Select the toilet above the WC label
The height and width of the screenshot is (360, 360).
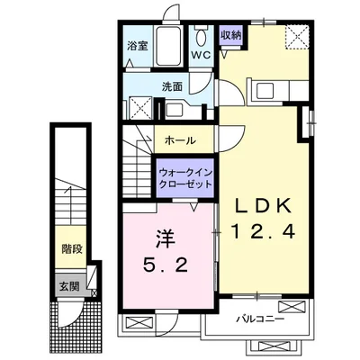point(201,39)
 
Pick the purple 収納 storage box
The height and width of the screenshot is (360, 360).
point(230,35)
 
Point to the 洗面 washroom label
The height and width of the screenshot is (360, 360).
point(172,87)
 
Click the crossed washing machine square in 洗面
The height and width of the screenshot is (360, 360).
point(140,109)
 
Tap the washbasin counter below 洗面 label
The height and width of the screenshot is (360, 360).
point(175,109)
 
